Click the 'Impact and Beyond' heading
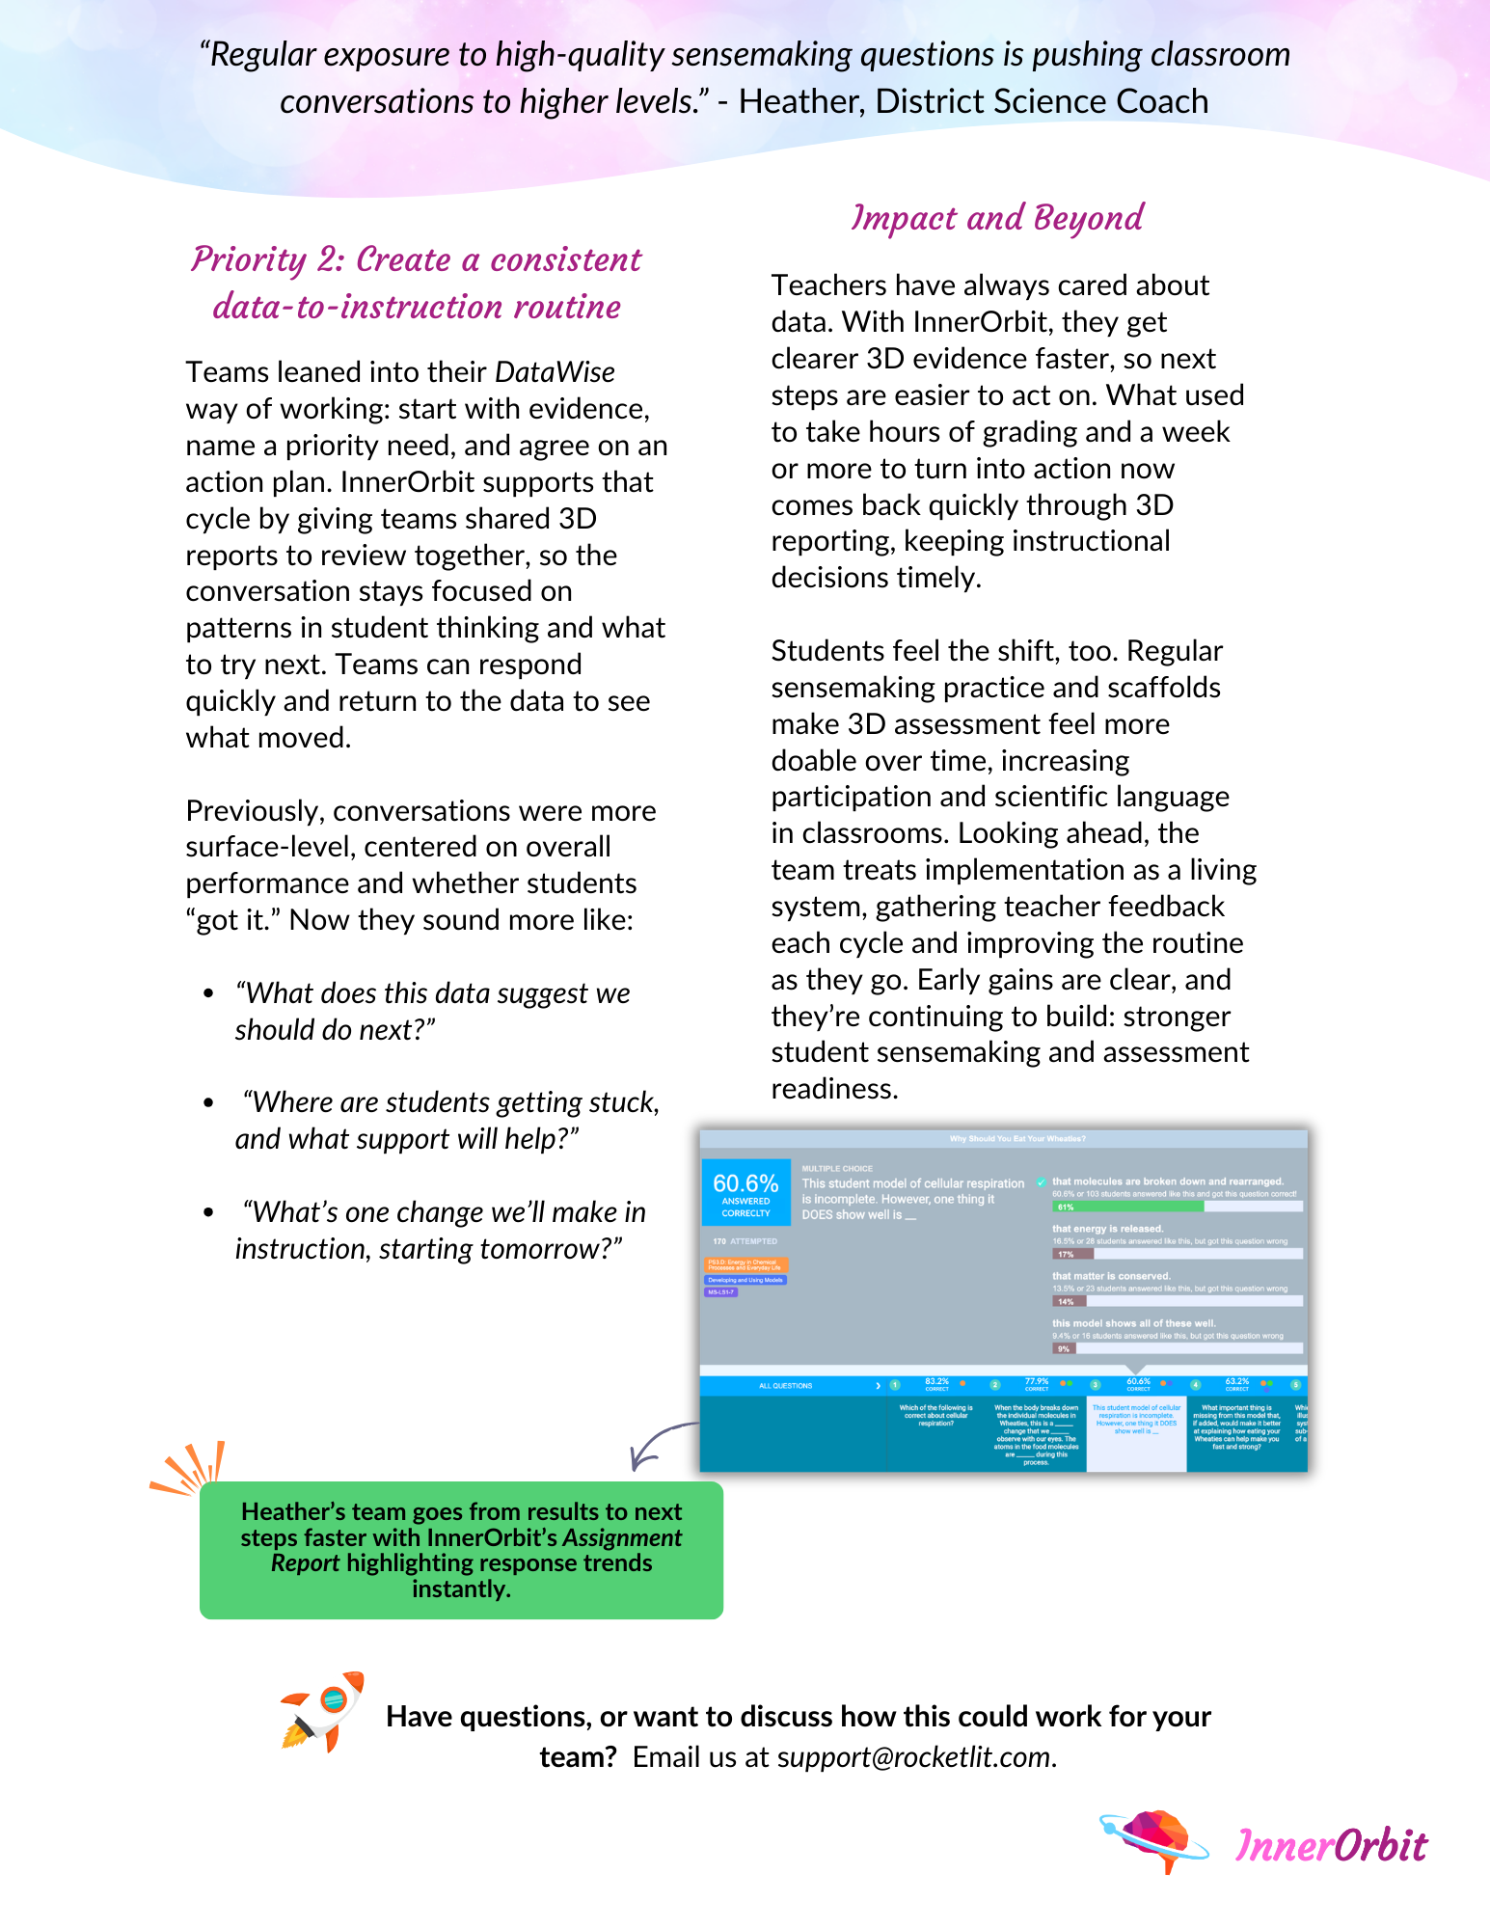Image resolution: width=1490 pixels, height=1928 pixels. coord(997,218)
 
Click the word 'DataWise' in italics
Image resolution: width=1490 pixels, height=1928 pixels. coord(555,372)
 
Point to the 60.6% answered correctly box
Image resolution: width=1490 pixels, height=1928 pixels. coord(745,1192)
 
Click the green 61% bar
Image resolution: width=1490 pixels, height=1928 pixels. coord(1126,1207)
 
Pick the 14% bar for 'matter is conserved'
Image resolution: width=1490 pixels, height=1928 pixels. coord(1070,1301)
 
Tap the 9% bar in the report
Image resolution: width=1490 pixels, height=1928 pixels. coord(1066,1348)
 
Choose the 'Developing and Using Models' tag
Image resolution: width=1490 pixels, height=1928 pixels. coord(746,1280)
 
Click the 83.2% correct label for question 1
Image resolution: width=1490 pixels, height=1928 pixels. coord(936,1384)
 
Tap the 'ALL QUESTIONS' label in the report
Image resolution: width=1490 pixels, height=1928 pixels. coord(785,1386)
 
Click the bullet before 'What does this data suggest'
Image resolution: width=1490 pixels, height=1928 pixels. coord(208,993)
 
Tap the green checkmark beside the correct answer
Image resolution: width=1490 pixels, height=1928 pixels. coord(1042,1182)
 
